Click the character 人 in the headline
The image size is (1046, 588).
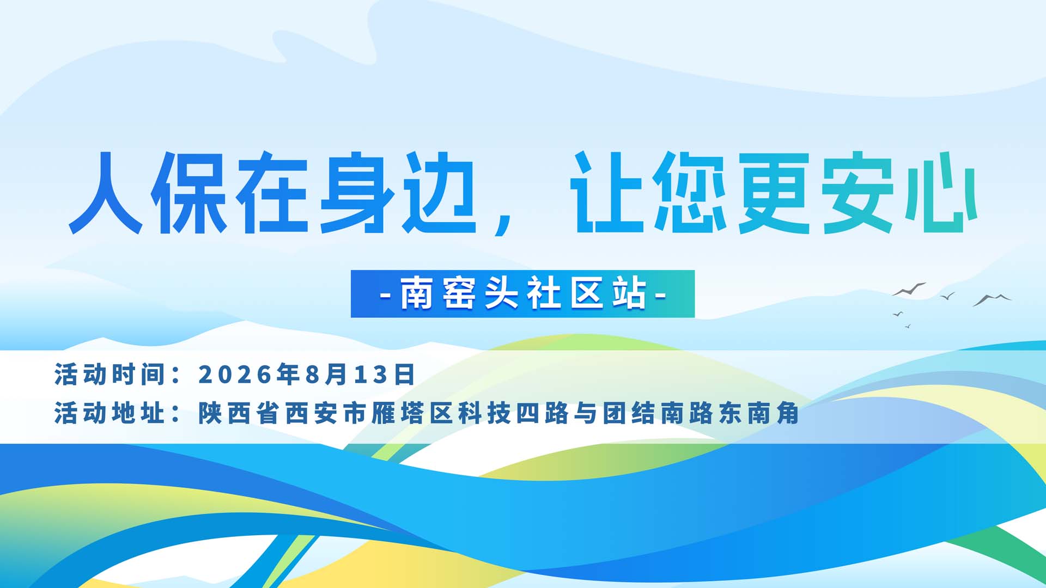(106, 193)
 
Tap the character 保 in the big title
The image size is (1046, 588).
(188, 193)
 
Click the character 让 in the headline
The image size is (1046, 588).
(607, 193)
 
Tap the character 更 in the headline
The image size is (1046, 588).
(774, 193)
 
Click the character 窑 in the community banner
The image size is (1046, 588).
(459, 294)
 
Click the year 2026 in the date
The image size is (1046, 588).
(235, 375)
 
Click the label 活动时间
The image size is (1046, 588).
(110, 375)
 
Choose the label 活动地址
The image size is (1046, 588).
(110, 413)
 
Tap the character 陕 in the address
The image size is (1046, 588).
(209, 413)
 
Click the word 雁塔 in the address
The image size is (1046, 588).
(398, 413)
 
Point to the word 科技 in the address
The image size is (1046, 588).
(484, 413)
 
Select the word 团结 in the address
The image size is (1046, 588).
(629, 413)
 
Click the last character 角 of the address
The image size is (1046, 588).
(788, 413)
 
